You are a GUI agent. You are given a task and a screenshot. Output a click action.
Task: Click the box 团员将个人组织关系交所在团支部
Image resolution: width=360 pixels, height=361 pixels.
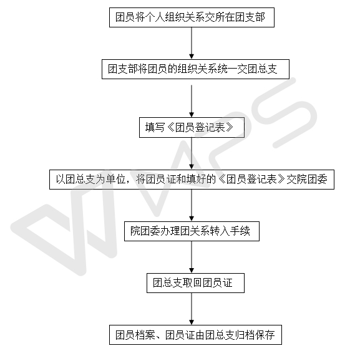pyautogui.click(x=192, y=17)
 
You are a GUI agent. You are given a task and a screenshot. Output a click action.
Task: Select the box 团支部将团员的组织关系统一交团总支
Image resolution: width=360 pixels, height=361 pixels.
pyautogui.click(x=195, y=69)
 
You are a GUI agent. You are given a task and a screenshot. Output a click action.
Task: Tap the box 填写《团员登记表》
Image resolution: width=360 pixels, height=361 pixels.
pyautogui.click(x=192, y=127)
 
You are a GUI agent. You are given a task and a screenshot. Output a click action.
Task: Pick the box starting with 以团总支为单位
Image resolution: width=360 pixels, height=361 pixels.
pyautogui.click(x=192, y=180)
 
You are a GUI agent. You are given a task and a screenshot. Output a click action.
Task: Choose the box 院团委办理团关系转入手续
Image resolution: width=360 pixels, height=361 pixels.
pyautogui.click(x=192, y=231)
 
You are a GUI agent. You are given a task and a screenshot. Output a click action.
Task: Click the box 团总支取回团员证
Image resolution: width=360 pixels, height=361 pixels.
pyautogui.click(x=195, y=283)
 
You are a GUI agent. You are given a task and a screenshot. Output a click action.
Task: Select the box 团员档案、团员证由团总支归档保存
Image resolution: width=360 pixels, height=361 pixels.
pyautogui.click(x=195, y=335)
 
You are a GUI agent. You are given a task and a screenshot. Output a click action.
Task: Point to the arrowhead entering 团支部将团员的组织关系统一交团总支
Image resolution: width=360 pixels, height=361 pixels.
pyautogui.click(x=192, y=56)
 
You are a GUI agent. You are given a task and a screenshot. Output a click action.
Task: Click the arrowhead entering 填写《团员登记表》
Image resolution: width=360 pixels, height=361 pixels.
pyautogui.click(x=192, y=115)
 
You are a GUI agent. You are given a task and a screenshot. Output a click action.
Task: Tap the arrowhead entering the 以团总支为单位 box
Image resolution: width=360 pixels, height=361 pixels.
pyautogui.click(x=192, y=166)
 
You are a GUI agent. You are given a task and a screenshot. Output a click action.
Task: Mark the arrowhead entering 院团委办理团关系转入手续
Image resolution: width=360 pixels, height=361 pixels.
pyautogui.click(x=192, y=218)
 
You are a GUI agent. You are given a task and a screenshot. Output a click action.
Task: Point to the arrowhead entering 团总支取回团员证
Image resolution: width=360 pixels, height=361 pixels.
pyautogui.click(x=192, y=271)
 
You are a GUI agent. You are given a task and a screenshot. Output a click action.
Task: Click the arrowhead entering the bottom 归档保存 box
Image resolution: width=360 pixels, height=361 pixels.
pyautogui.click(x=192, y=322)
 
